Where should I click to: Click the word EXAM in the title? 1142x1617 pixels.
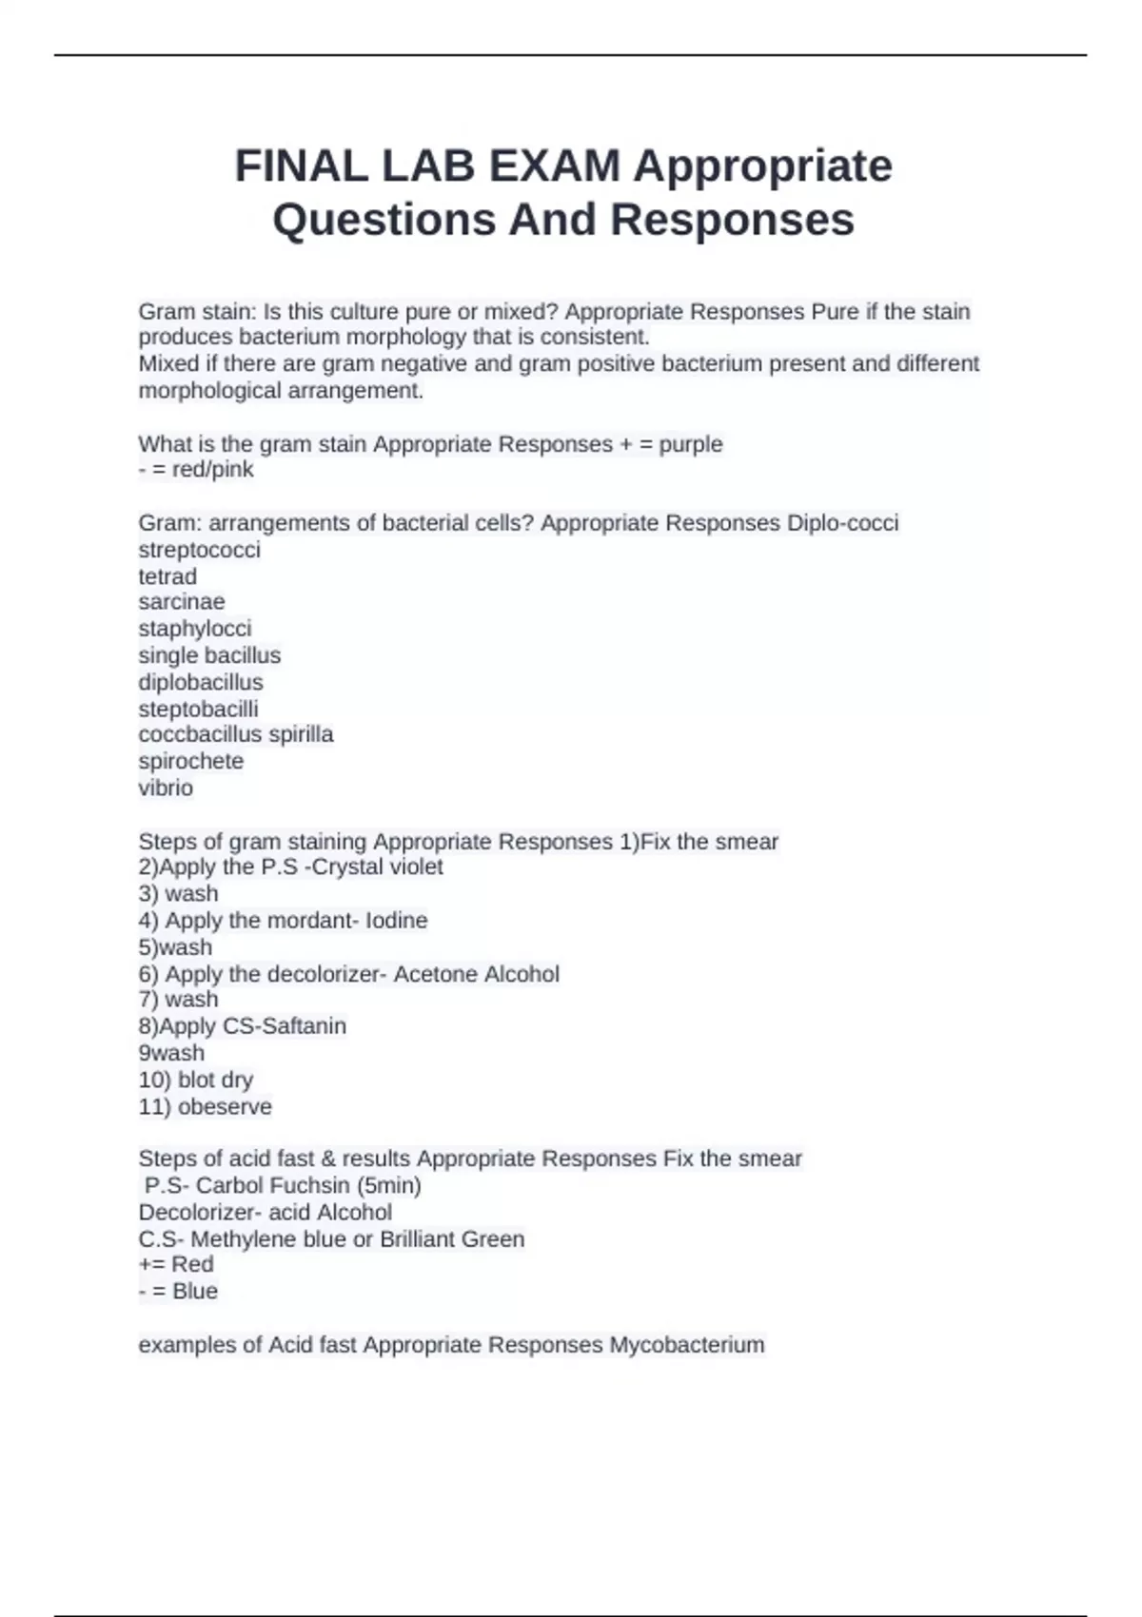(x=554, y=166)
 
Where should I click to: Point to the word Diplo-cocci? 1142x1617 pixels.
(x=842, y=523)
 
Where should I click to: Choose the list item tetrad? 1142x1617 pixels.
(x=167, y=576)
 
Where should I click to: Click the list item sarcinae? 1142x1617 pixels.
(x=182, y=602)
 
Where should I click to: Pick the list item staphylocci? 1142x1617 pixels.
(x=195, y=629)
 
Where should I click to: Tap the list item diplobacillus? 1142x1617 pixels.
(x=201, y=683)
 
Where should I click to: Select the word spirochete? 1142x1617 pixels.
(x=191, y=762)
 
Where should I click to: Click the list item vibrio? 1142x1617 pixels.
(x=166, y=789)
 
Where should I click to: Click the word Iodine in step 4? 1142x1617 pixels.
(x=397, y=921)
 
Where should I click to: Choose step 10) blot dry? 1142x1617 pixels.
(x=196, y=1081)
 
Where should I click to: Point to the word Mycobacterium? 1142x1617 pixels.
(x=687, y=1345)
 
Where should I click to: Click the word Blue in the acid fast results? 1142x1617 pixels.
(x=195, y=1292)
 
